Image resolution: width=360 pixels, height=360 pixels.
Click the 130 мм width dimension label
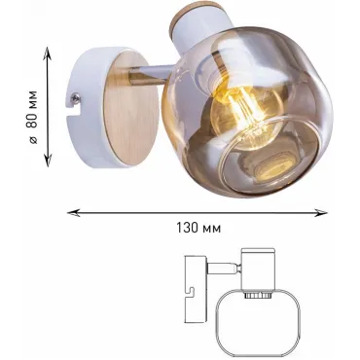point(198,228)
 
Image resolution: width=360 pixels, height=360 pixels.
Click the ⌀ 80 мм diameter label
point(33,117)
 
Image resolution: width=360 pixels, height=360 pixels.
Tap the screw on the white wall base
point(76,97)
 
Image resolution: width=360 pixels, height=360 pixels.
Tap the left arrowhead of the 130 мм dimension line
point(73,213)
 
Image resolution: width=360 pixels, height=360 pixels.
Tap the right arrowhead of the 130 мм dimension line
point(321,213)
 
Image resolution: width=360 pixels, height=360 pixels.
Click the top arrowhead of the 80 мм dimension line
point(48,53)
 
